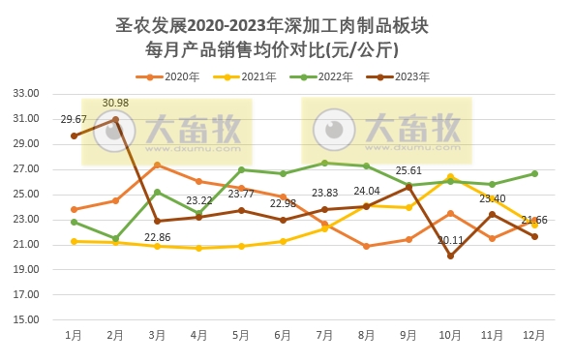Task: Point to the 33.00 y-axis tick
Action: point(25,94)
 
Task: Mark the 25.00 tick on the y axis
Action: point(25,195)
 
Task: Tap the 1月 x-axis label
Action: point(74,335)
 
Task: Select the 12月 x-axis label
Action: point(533,335)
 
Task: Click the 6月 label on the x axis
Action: point(283,335)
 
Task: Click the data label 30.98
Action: point(115,103)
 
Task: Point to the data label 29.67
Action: point(74,119)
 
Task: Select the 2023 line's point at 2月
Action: point(115,119)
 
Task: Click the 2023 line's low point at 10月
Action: point(450,256)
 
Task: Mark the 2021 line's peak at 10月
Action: point(450,177)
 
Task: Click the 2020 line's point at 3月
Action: point(157,166)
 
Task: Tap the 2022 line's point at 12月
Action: point(533,173)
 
